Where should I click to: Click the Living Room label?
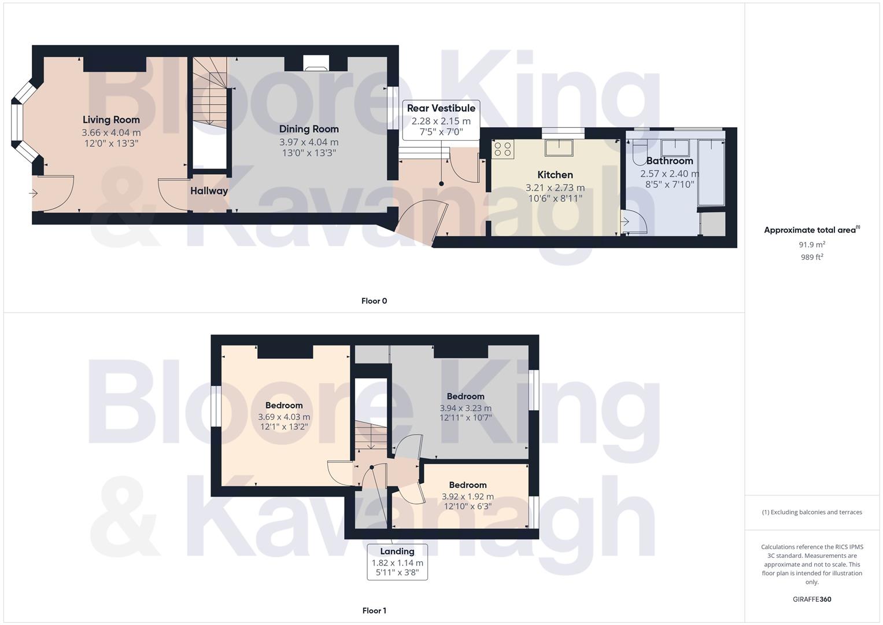[x=111, y=120]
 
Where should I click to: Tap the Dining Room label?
[x=309, y=129]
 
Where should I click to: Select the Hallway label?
[x=209, y=191]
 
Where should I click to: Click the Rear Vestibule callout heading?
[x=441, y=108]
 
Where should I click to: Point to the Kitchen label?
[x=555, y=175]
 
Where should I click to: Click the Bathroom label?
[x=669, y=161]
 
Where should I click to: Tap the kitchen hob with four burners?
[x=503, y=149]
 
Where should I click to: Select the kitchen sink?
[x=559, y=148]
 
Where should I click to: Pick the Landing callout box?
[x=397, y=561]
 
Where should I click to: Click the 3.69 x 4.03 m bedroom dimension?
[x=284, y=417]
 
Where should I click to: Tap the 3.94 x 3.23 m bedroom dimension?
[x=465, y=407]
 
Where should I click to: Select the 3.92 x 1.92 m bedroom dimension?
[x=467, y=497]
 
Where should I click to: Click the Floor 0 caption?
[x=374, y=301]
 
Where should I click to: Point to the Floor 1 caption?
[x=374, y=611]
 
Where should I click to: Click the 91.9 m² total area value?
[x=812, y=245]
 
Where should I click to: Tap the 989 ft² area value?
[x=812, y=257]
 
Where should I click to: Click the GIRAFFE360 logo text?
[x=812, y=599]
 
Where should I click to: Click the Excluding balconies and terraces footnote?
[x=812, y=512]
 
